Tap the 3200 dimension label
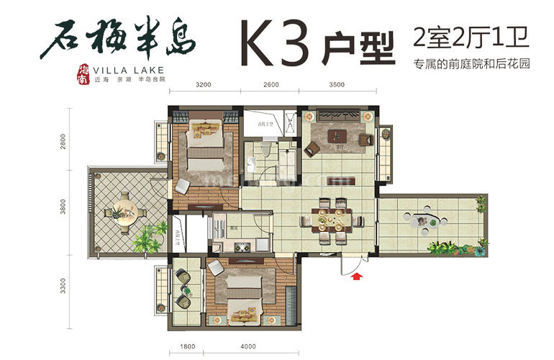click(204, 84)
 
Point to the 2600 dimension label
click(271, 84)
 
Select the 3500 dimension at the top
click(336, 84)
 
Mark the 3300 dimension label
click(63, 289)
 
